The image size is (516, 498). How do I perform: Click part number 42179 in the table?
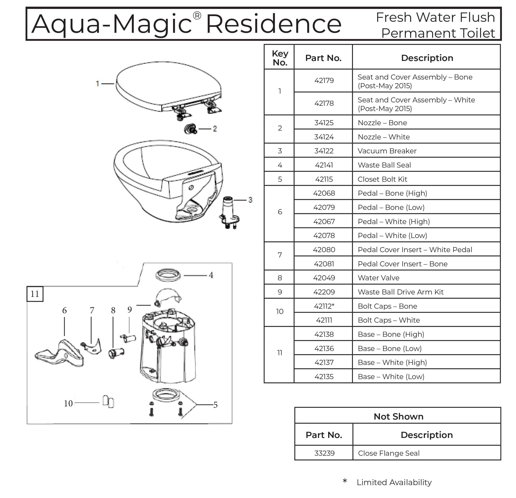point(324,80)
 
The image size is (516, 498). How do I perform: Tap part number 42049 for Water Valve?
point(324,278)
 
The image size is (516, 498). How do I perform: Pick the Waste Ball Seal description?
point(384,165)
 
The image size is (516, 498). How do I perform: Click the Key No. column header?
point(280,58)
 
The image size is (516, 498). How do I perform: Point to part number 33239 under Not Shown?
point(324,453)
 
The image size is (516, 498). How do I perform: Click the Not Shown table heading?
point(398,416)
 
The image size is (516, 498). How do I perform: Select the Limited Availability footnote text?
point(394,482)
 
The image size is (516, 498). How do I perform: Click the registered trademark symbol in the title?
point(197,16)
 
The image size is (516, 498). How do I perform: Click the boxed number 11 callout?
point(35,294)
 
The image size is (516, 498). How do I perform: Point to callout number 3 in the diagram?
point(250,200)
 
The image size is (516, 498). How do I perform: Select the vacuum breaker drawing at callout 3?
point(228,212)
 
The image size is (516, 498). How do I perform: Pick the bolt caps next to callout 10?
point(108,402)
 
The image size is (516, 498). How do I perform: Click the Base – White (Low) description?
point(391,377)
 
